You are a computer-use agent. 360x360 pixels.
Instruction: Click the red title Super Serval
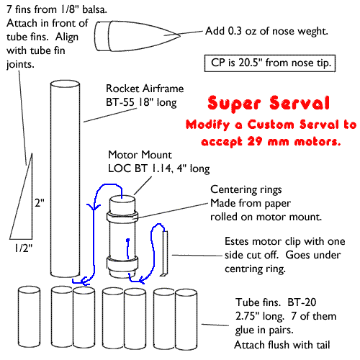269,103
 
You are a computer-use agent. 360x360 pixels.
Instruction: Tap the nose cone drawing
137,36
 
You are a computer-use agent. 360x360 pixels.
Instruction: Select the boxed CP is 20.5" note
270,63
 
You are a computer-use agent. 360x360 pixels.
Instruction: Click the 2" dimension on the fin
40,203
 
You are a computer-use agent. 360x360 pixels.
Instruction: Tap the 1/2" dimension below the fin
23,248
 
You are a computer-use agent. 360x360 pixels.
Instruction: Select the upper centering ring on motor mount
122,217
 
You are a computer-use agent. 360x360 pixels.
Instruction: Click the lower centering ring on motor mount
122,263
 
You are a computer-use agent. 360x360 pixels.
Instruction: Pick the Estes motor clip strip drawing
165,253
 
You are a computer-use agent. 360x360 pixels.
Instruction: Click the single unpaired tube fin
29,317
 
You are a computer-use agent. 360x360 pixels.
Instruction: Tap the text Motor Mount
140,155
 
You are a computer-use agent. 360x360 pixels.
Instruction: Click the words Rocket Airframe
145,89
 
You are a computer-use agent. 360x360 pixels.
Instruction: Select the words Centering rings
246,189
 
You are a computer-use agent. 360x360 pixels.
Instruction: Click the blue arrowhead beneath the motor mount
143,279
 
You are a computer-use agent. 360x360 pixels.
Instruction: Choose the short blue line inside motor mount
128,249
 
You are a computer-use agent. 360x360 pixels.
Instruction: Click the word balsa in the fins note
94,9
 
